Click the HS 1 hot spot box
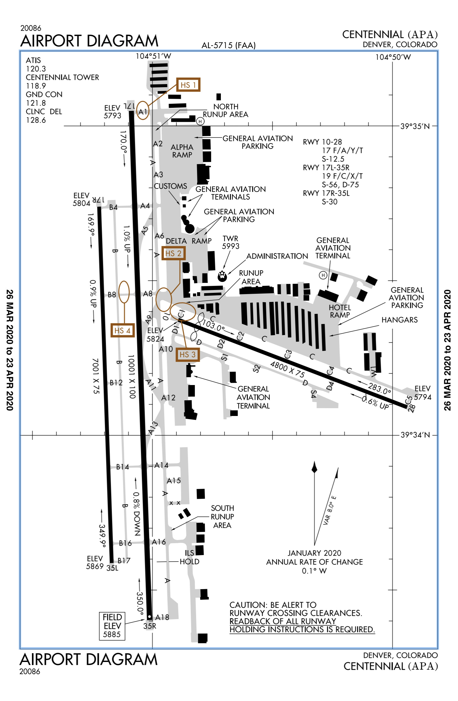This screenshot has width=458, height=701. pyautogui.click(x=188, y=85)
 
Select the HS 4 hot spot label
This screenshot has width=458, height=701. pyautogui.click(x=123, y=330)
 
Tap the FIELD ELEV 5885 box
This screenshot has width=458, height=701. pyautogui.click(x=112, y=626)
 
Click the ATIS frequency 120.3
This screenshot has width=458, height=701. pyautogui.click(x=36, y=69)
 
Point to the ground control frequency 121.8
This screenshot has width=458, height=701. pyautogui.click(x=36, y=103)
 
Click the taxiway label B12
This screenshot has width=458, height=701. pyautogui.click(x=116, y=383)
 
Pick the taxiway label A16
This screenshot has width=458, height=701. pyautogui.click(x=159, y=542)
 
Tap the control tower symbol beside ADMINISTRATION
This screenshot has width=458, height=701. pyautogui.click(x=222, y=276)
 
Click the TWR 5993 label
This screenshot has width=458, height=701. pyautogui.click(x=231, y=242)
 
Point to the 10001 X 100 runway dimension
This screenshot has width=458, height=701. pyautogui.click(x=132, y=376)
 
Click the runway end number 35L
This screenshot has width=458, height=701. pyautogui.click(x=112, y=568)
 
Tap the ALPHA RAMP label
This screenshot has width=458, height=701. pyautogui.click(x=182, y=151)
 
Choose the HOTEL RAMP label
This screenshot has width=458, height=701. pyautogui.click(x=340, y=311)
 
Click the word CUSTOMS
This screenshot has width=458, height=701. pyautogui.click(x=170, y=186)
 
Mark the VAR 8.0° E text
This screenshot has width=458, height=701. pyautogui.click(x=330, y=510)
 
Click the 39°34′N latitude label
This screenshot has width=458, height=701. pyautogui.click(x=415, y=435)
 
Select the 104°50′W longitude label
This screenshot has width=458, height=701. pyautogui.click(x=393, y=57)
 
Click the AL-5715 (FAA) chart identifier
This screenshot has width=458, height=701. pyautogui.click(x=229, y=46)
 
